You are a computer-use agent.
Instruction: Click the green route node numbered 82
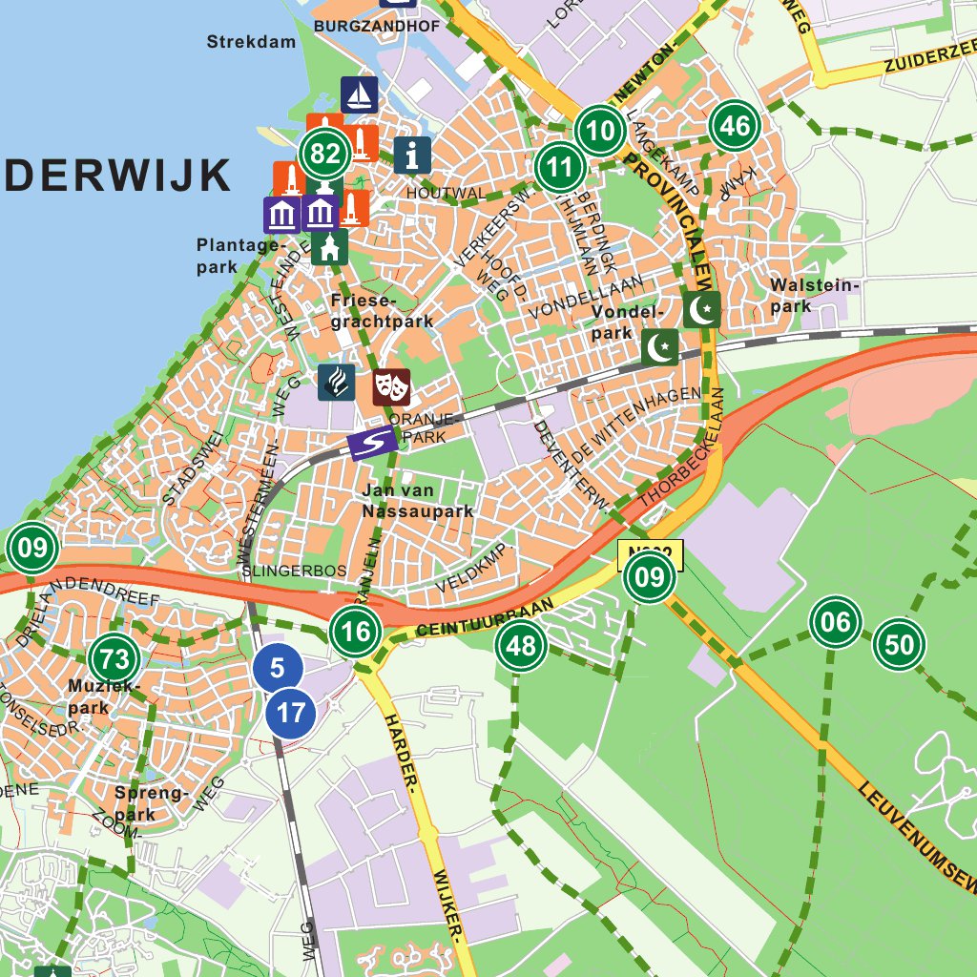click(x=325, y=154)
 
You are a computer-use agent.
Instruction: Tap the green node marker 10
click(x=600, y=130)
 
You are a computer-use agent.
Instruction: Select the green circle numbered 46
click(x=734, y=125)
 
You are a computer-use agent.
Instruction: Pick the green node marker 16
click(x=356, y=632)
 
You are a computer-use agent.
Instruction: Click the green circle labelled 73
click(x=114, y=658)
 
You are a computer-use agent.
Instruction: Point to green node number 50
click(x=899, y=645)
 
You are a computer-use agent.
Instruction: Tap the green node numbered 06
click(x=835, y=623)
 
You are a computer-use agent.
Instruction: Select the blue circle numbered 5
click(x=278, y=668)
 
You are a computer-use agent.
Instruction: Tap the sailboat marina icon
click(x=360, y=94)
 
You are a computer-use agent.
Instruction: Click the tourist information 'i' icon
click(x=412, y=154)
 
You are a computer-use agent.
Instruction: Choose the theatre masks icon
click(x=391, y=386)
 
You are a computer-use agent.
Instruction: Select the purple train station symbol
click(x=373, y=444)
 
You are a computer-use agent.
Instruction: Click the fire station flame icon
click(x=337, y=382)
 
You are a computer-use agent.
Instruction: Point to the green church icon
click(x=330, y=248)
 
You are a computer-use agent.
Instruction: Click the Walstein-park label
click(x=815, y=295)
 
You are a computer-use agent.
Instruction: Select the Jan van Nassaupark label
click(x=418, y=501)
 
